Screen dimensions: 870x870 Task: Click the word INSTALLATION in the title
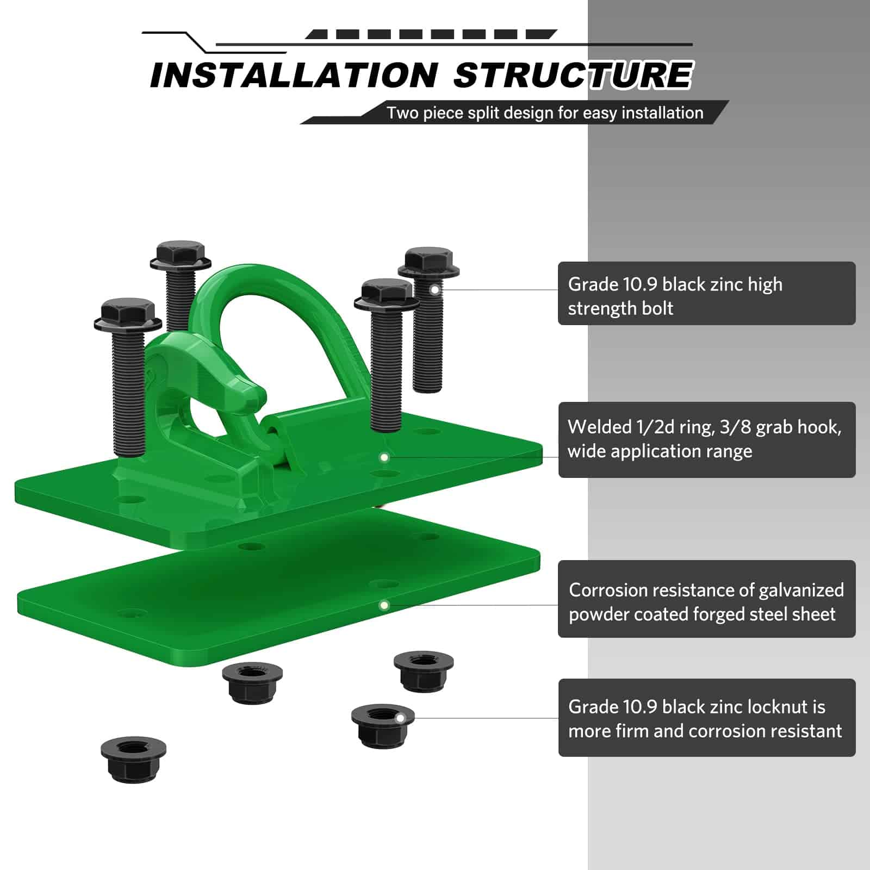(x=294, y=75)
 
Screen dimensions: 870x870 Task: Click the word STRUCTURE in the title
(x=573, y=75)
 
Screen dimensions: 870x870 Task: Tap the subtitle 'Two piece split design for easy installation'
(x=545, y=113)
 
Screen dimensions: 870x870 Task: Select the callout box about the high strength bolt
(x=707, y=294)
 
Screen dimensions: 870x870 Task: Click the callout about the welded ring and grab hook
(x=707, y=439)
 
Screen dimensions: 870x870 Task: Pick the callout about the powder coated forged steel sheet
(x=707, y=599)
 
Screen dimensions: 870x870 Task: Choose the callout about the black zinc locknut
(x=707, y=718)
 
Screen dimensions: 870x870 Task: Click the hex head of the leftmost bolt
(x=128, y=314)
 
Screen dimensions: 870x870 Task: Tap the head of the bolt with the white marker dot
(x=428, y=263)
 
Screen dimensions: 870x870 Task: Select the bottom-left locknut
(x=133, y=760)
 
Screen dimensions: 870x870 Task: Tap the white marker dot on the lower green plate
(x=384, y=605)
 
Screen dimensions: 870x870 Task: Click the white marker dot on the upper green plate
(x=384, y=457)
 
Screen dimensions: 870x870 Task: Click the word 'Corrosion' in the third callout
(x=608, y=590)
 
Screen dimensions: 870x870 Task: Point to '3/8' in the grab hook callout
(x=734, y=427)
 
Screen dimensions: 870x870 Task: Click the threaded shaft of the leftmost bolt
(x=129, y=391)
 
